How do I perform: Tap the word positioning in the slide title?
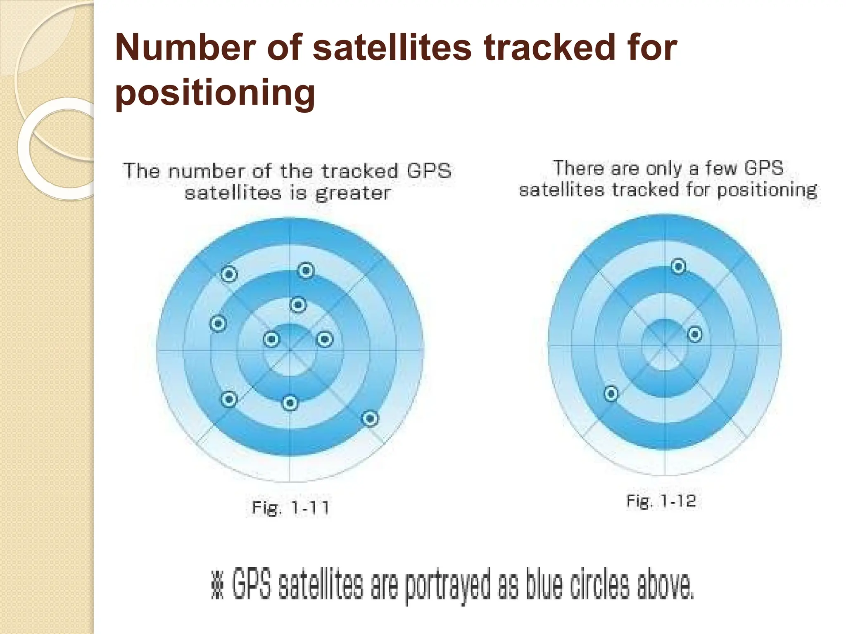pyautogui.click(x=215, y=93)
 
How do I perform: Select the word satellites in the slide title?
pyautogui.click(x=392, y=47)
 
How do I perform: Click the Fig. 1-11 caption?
pyautogui.click(x=290, y=507)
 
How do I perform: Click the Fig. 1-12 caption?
pyautogui.click(x=661, y=501)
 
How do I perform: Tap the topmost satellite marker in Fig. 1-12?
pyautogui.click(x=678, y=267)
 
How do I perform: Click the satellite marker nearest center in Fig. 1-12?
pyautogui.click(x=695, y=334)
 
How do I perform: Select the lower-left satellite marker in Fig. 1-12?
pyautogui.click(x=611, y=393)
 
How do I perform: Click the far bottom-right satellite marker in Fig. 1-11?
pyautogui.click(x=370, y=419)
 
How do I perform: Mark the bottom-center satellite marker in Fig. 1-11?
pyautogui.click(x=290, y=403)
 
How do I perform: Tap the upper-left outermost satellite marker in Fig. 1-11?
pyautogui.click(x=229, y=274)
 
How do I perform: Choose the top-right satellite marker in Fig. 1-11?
pyautogui.click(x=306, y=271)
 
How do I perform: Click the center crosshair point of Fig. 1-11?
pyautogui.click(x=290, y=350)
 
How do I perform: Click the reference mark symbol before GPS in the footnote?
pyautogui.click(x=217, y=585)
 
